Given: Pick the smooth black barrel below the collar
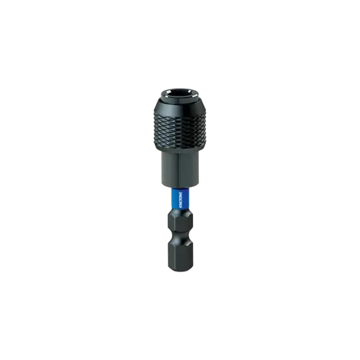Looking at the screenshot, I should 179,169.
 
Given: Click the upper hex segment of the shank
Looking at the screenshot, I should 179,223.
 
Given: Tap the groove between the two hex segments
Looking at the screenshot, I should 179,238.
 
